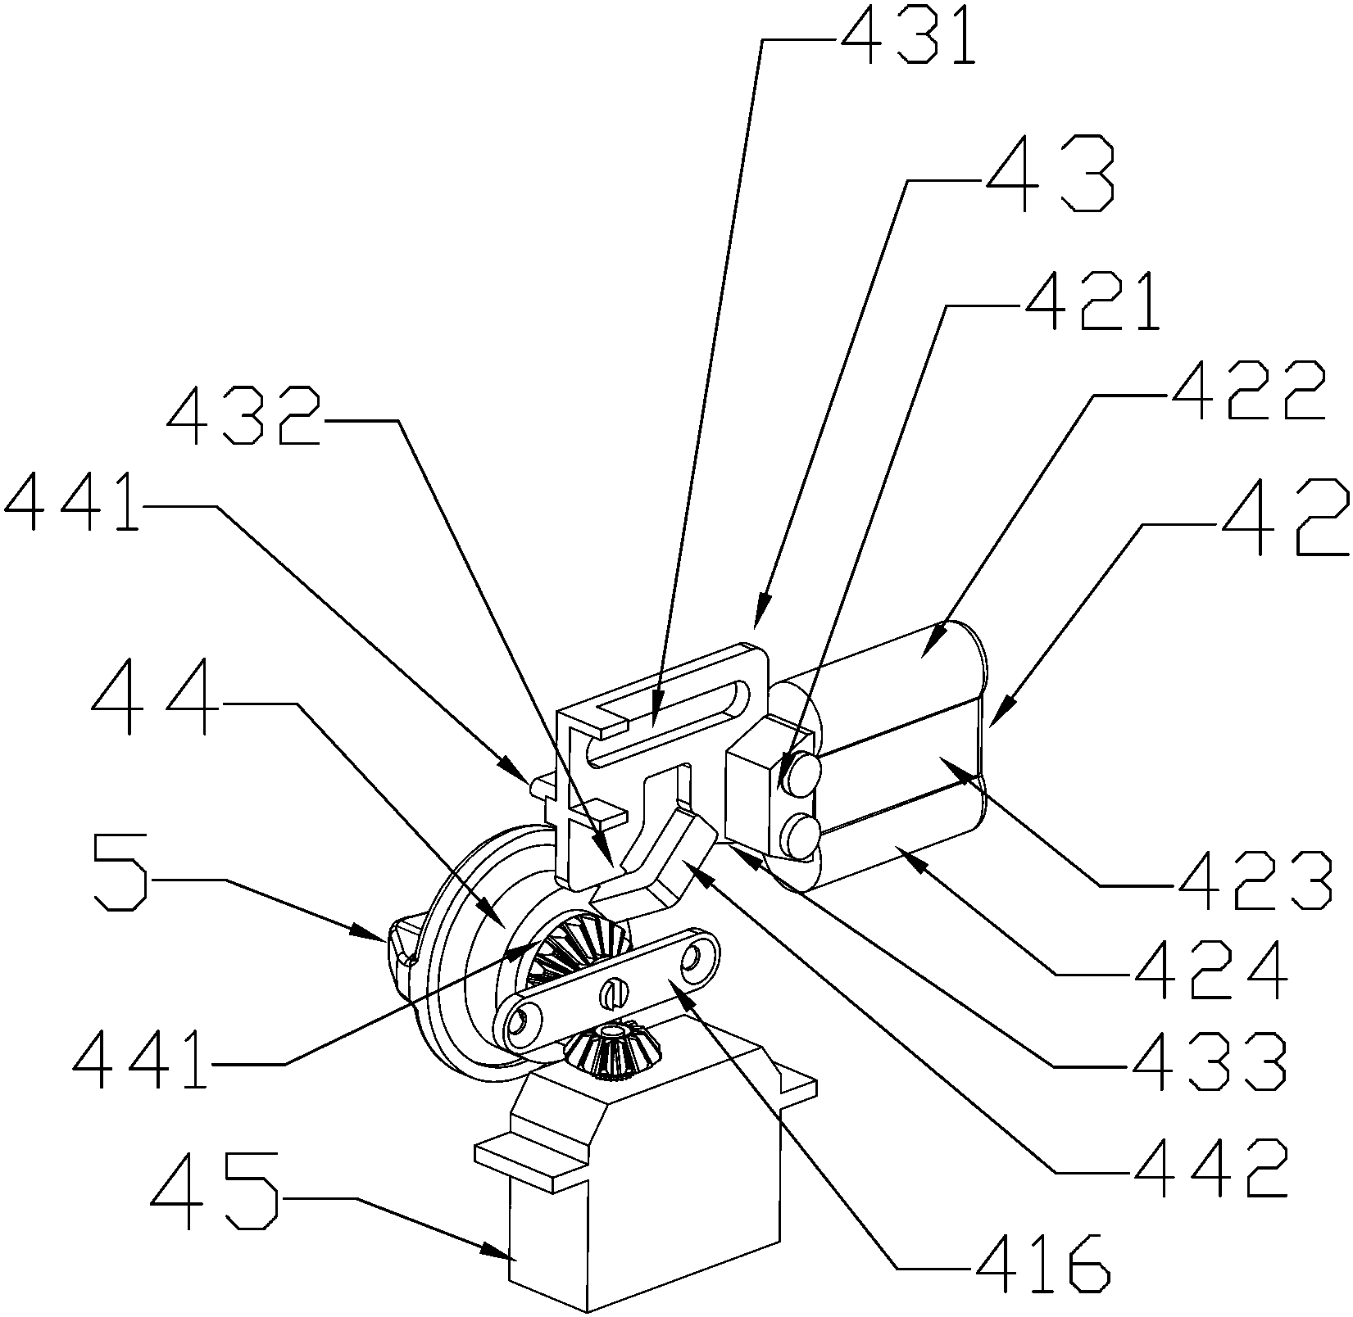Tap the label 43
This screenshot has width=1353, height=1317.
pos(1050,174)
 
